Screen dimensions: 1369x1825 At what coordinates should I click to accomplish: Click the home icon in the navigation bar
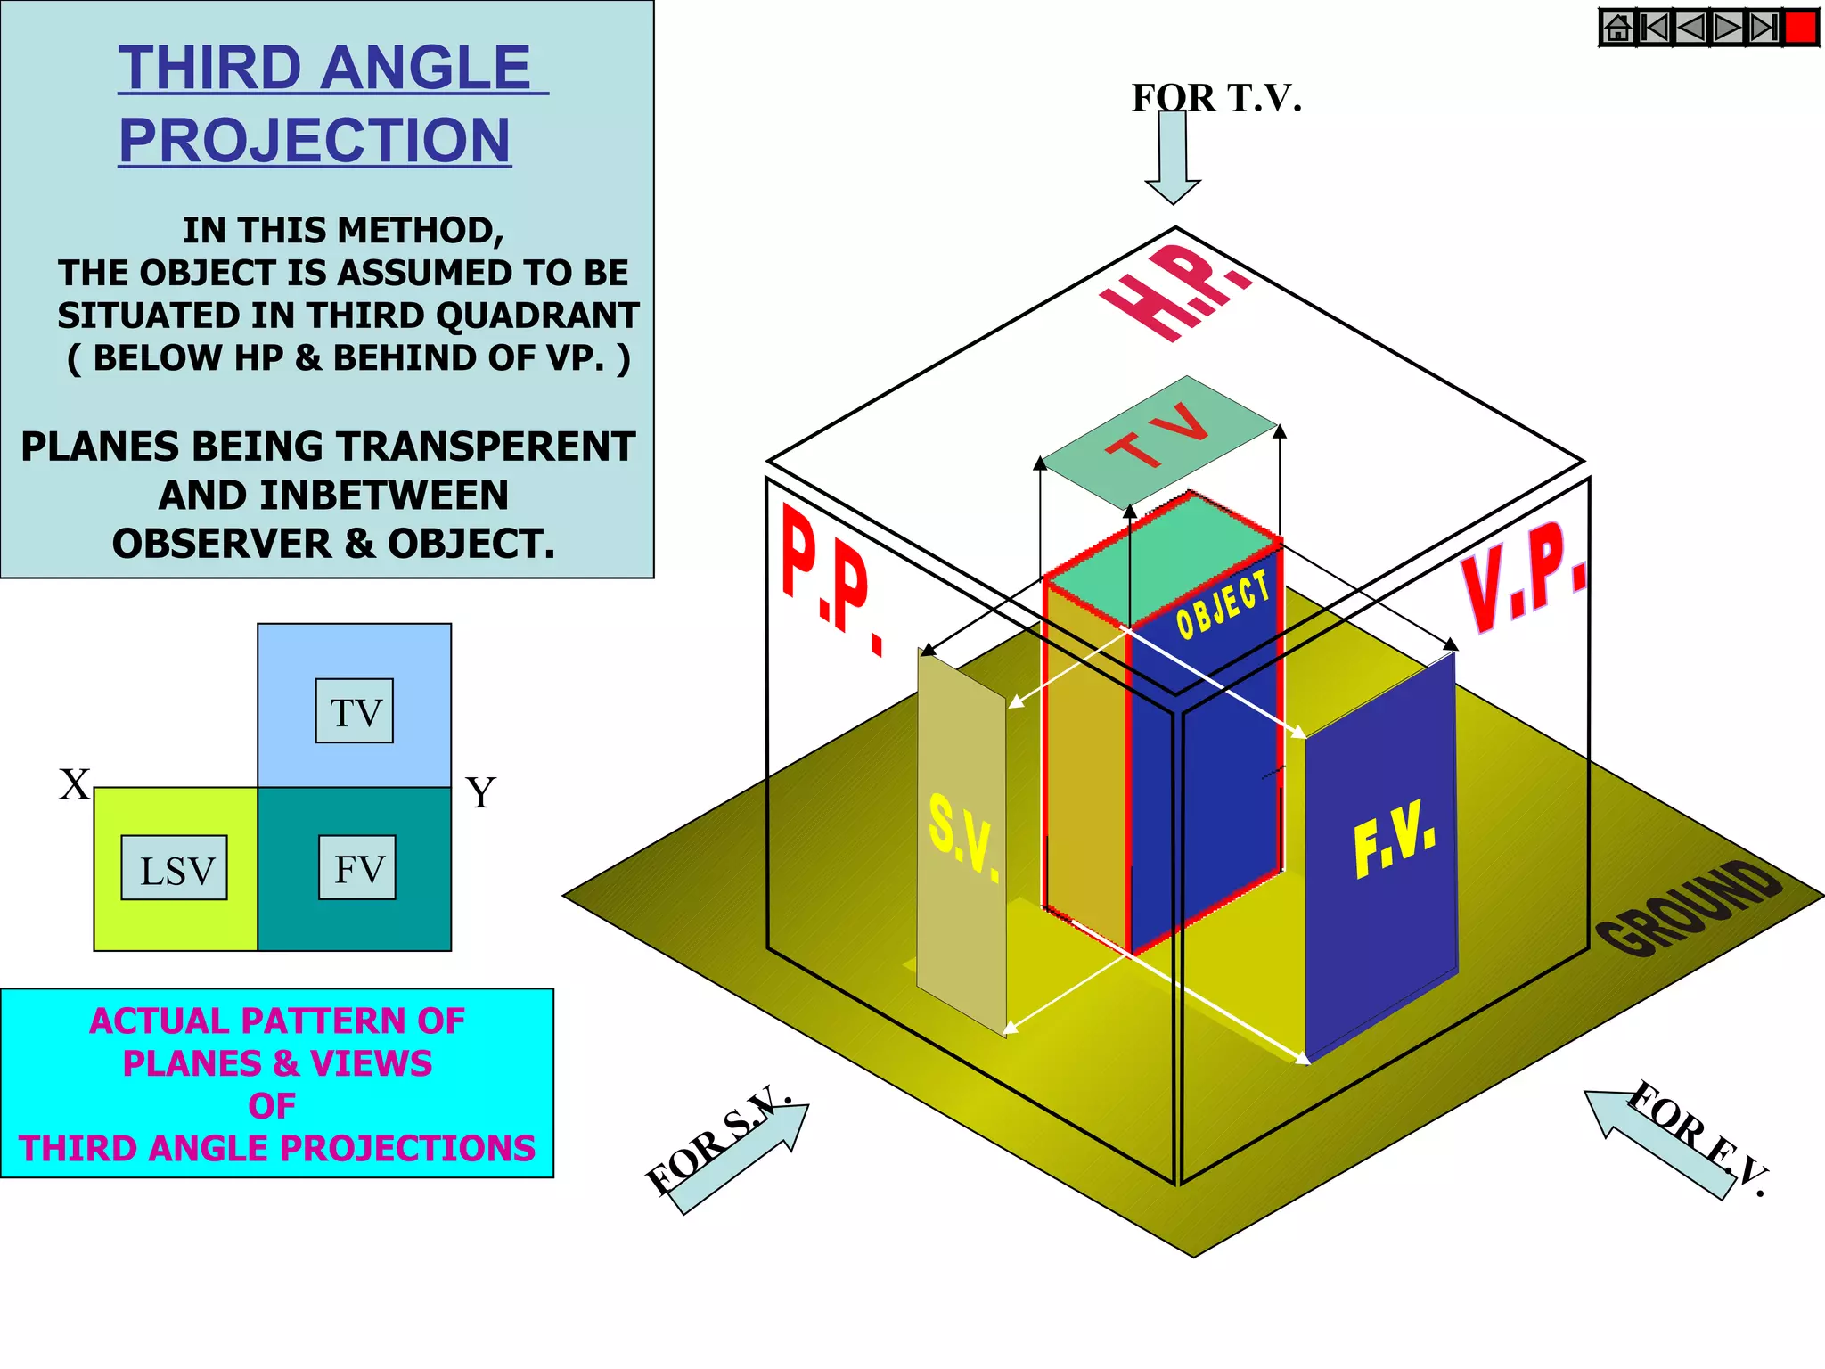pyautogui.click(x=1617, y=28)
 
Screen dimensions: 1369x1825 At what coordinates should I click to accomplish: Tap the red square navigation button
pyautogui.click(x=1802, y=28)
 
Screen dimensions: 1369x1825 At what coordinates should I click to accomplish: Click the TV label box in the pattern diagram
pyautogui.click(x=354, y=711)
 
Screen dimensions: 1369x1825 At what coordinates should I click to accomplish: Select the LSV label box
pyautogui.click(x=175, y=868)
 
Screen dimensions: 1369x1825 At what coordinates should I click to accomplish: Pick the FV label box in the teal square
pyautogui.click(x=357, y=868)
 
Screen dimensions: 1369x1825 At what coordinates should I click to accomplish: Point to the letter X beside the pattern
pyautogui.click(x=75, y=785)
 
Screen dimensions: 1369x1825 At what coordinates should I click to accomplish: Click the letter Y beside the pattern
pyautogui.click(x=481, y=791)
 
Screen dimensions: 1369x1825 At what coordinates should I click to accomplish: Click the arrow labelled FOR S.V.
pyautogui.click(x=740, y=1159)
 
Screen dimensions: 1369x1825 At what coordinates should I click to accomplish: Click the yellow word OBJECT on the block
pyautogui.click(x=1222, y=603)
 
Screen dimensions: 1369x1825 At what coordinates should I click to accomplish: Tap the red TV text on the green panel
pyautogui.click(x=1158, y=434)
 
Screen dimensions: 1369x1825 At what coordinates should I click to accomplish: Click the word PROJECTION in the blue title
pyautogui.click(x=315, y=140)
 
